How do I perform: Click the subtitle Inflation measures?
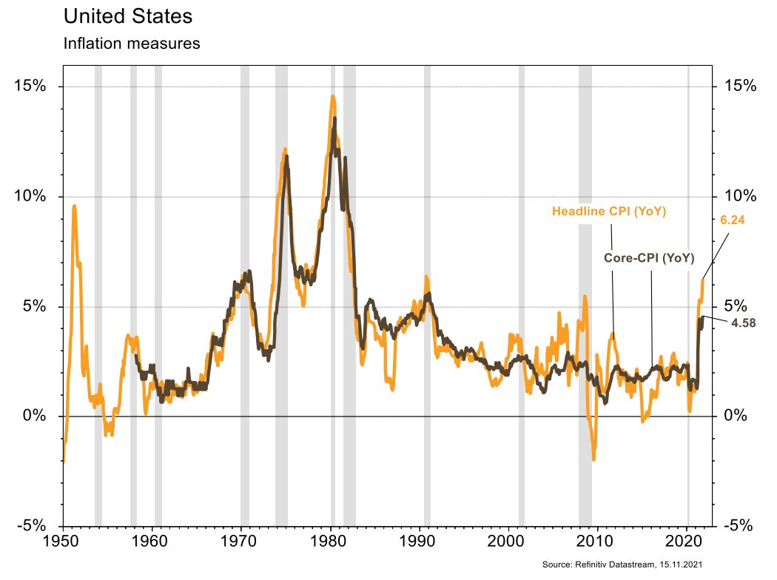pyautogui.click(x=132, y=43)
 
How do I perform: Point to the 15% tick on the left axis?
pyautogui.click(x=30, y=86)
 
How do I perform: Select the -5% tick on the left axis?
pyautogui.click(x=30, y=525)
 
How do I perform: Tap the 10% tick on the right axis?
pyautogui.click(x=739, y=196)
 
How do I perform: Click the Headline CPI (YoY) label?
pyautogui.click(x=610, y=212)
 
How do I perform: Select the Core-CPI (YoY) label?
pyautogui.click(x=649, y=258)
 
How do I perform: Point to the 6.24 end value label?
pyautogui.click(x=733, y=219)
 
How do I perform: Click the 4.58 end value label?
pyautogui.click(x=743, y=323)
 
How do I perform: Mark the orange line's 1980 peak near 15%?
pyautogui.click(x=333, y=96)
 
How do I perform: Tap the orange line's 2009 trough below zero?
pyautogui.click(x=593, y=459)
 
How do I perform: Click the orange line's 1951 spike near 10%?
pyautogui.click(x=74, y=206)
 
